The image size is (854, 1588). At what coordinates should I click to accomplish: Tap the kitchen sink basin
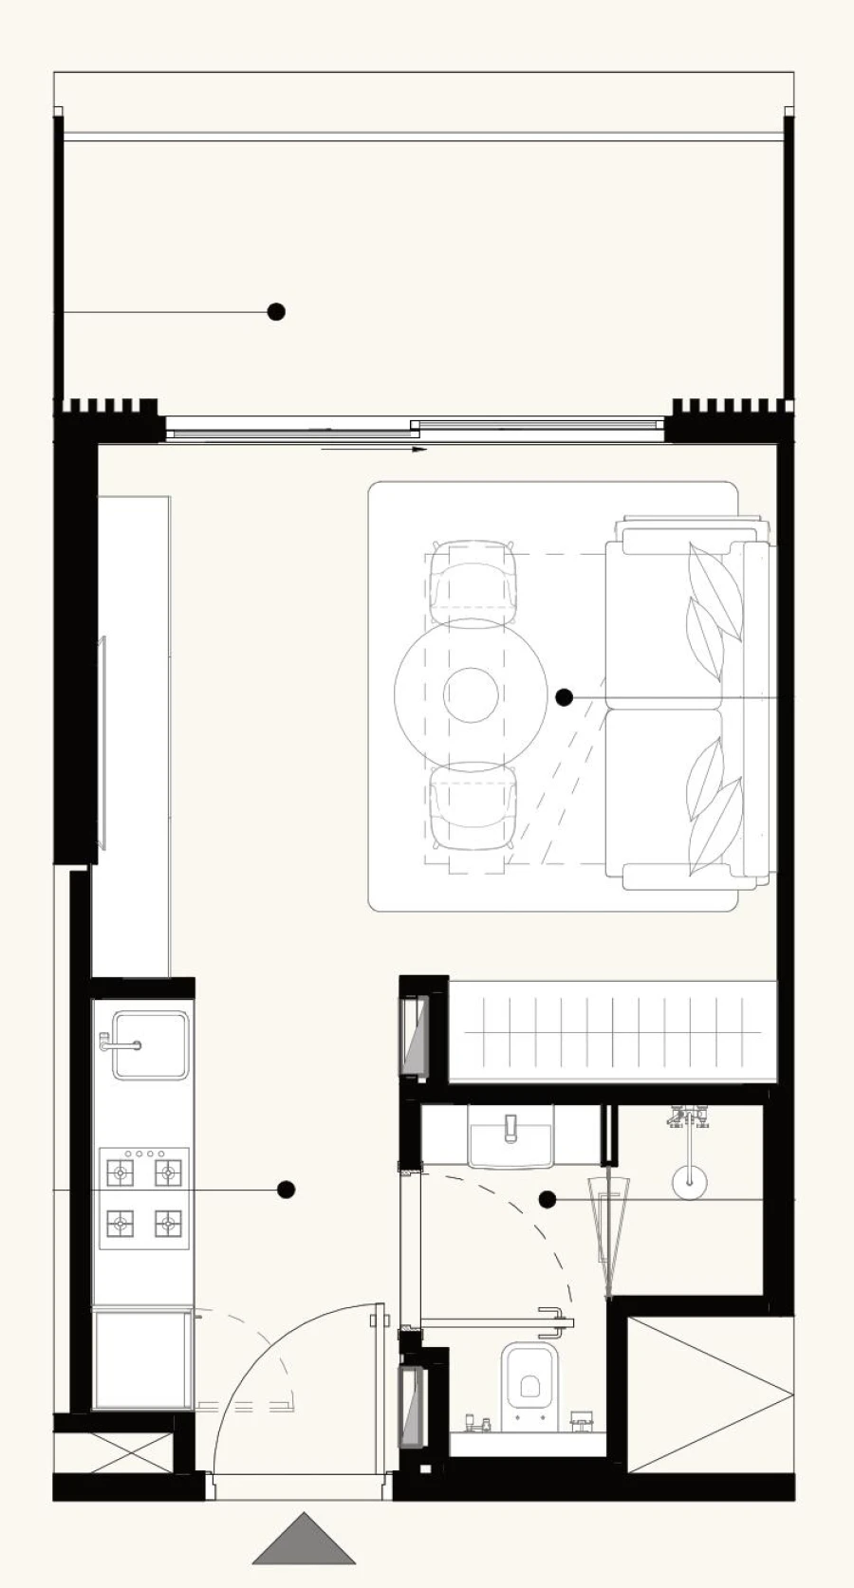pos(151,1045)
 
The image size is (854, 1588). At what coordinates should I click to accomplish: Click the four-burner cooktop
pos(144,1199)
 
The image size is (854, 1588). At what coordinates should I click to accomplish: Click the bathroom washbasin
pos(511,1137)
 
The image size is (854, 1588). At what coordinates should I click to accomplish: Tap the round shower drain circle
pos(689,1181)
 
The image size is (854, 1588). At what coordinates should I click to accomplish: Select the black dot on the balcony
pos(276,311)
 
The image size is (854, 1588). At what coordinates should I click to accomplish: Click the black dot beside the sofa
pos(565,697)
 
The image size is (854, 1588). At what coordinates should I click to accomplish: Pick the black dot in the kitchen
pos(286,1190)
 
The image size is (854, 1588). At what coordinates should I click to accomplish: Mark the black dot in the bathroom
pos(548,1200)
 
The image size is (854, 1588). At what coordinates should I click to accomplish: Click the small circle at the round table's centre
pos(471,694)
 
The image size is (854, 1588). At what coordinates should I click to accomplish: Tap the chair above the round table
pos(473,581)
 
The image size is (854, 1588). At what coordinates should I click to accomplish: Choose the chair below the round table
pos(473,807)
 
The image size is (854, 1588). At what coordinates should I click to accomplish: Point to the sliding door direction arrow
pos(375,449)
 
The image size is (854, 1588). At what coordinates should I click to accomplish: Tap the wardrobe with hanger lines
pos(612,1031)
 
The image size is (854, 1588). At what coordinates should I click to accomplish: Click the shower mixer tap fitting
pos(690,1117)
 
